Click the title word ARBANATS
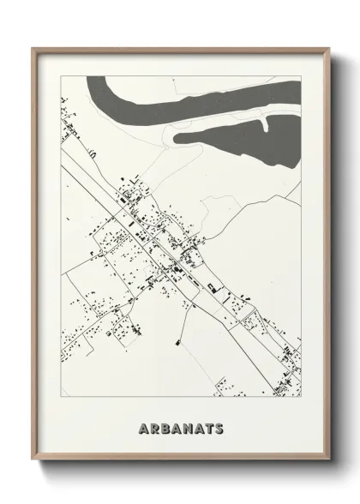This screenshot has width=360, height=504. [179, 427]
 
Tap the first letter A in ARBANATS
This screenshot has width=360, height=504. [142, 427]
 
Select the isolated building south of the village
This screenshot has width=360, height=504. [177, 344]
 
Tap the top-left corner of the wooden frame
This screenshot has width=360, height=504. [33, 47]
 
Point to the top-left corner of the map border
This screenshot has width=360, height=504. [61, 75]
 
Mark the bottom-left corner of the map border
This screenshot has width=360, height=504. [61, 396]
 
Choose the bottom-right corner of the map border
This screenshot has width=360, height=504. [301, 396]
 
